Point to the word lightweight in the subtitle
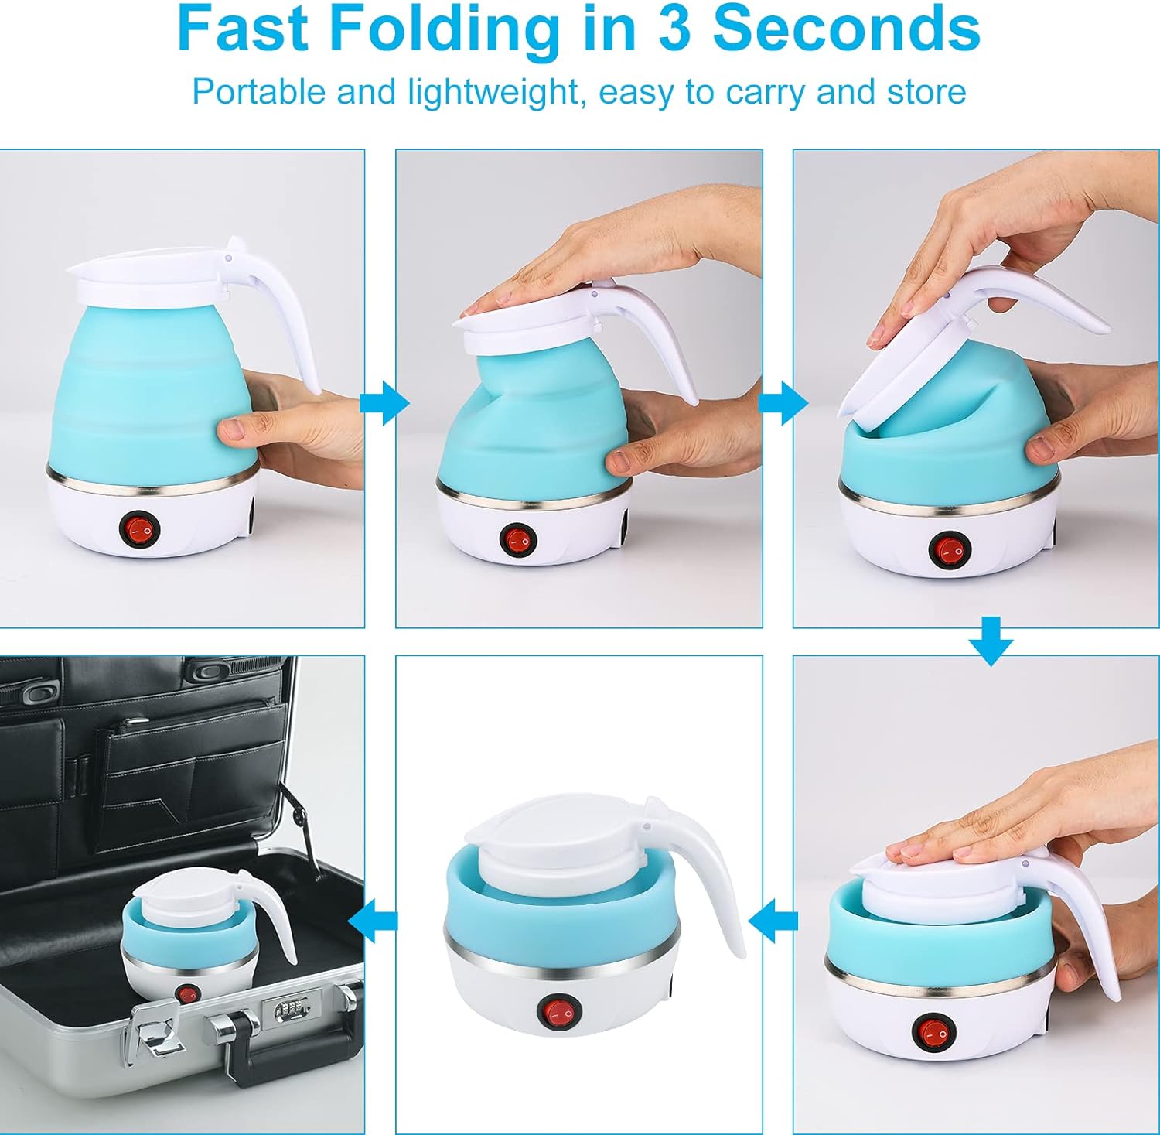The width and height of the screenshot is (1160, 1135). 493,92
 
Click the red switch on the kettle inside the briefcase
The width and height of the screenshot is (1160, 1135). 186,994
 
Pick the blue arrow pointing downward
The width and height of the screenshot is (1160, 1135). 991,641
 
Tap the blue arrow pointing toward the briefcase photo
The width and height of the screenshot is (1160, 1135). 374,921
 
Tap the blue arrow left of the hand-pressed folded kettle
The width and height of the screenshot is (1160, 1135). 774,921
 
